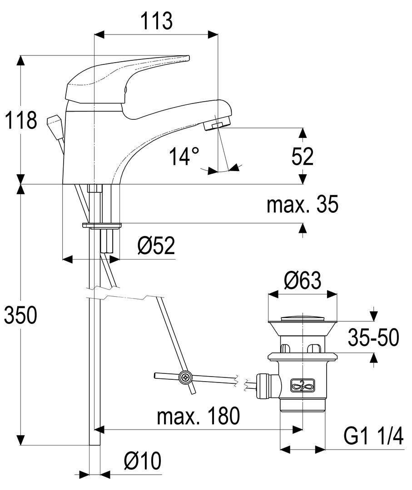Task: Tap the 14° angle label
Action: [184, 157]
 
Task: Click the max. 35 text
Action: [302, 205]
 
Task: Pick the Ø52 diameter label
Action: [156, 246]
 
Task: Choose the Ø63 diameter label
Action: [303, 281]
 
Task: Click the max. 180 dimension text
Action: [198, 416]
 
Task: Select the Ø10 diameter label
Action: [142, 462]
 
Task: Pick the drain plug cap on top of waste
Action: [303, 318]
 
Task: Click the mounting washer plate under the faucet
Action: [102, 225]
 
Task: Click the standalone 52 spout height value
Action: [303, 157]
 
